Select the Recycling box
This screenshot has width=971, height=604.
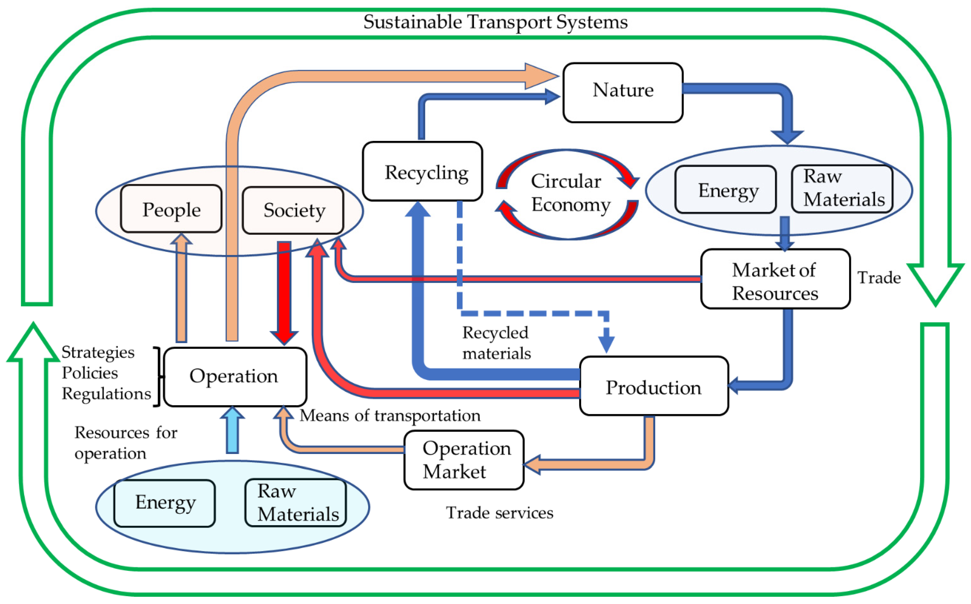[x=422, y=171]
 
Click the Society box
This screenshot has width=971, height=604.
[x=293, y=210]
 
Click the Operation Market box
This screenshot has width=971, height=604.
[x=464, y=460]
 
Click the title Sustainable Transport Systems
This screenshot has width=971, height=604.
[x=495, y=22]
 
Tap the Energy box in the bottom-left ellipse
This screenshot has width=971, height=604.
[x=164, y=503]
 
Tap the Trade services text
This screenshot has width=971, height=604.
[x=499, y=513]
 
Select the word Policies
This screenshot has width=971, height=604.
[x=90, y=373]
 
